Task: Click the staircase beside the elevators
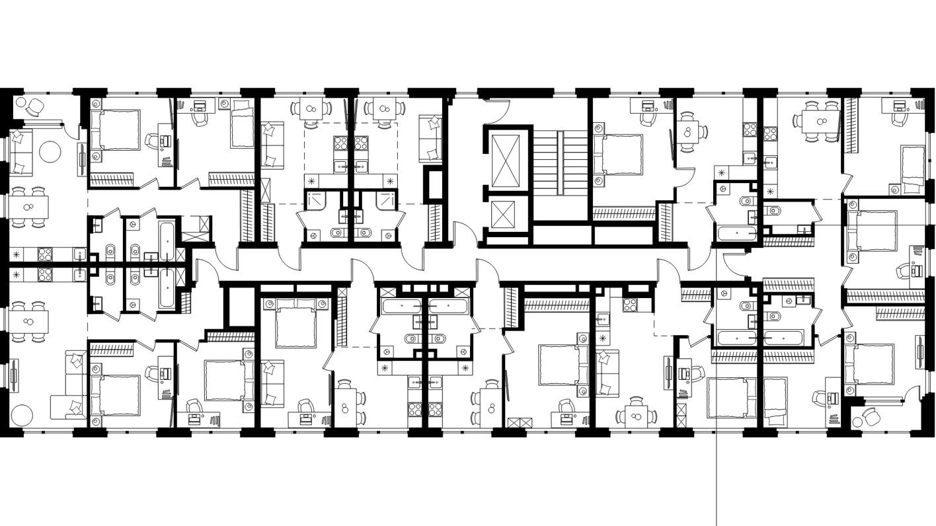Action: point(560,163)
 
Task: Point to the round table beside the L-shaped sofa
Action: point(20,415)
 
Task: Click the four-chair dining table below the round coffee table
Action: point(27,207)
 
